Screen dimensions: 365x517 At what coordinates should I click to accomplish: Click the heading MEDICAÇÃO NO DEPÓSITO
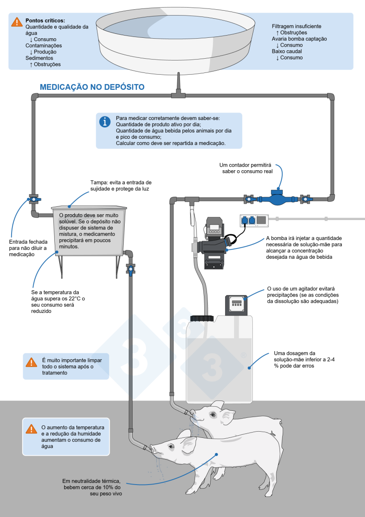(x=92, y=87)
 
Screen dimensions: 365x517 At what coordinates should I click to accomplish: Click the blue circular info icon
(x=105, y=122)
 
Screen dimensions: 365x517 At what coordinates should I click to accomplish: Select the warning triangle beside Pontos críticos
(x=17, y=22)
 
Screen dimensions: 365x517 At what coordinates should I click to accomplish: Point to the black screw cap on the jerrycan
(x=202, y=318)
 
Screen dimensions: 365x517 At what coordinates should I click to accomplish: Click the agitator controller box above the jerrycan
(x=236, y=305)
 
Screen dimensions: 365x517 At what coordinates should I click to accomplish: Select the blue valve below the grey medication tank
(x=130, y=269)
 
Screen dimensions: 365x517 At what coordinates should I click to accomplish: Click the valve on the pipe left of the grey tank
(x=33, y=200)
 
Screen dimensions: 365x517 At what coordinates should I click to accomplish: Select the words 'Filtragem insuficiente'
(x=296, y=26)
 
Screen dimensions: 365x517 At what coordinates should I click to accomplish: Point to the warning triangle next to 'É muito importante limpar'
(x=31, y=362)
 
